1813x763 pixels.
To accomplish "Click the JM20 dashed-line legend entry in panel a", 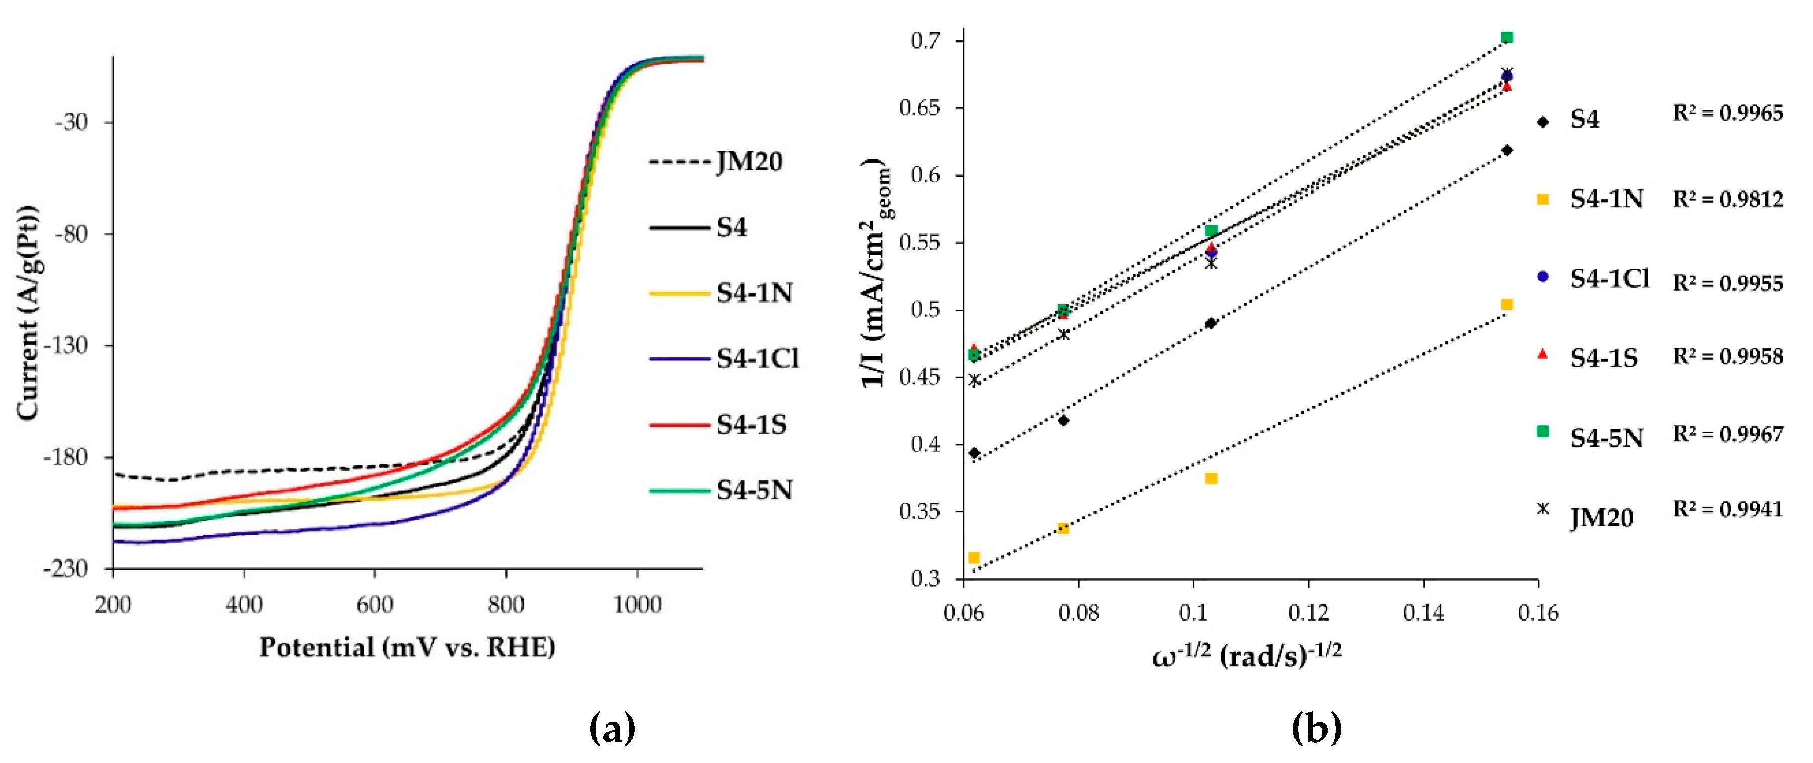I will (x=714, y=162).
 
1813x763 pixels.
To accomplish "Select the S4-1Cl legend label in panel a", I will (x=757, y=359).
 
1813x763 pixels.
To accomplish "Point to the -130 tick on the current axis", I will (x=67, y=345).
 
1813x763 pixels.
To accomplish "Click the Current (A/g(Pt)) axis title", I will (x=28, y=313).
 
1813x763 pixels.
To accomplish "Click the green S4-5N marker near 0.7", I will (x=1507, y=37).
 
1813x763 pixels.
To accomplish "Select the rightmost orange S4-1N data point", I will (x=1507, y=304).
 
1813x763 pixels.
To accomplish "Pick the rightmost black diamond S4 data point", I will (x=1507, y=150).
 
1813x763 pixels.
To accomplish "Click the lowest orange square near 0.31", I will (x=974, y=558).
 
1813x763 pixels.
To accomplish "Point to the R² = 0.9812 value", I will (x=1728, y=199).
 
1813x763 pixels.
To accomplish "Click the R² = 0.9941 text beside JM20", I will (x=1728, y=509).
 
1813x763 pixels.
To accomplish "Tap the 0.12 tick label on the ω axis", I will (x=1308, y=613).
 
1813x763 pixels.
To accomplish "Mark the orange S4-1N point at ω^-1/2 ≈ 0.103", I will (x=1211, y=479).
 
